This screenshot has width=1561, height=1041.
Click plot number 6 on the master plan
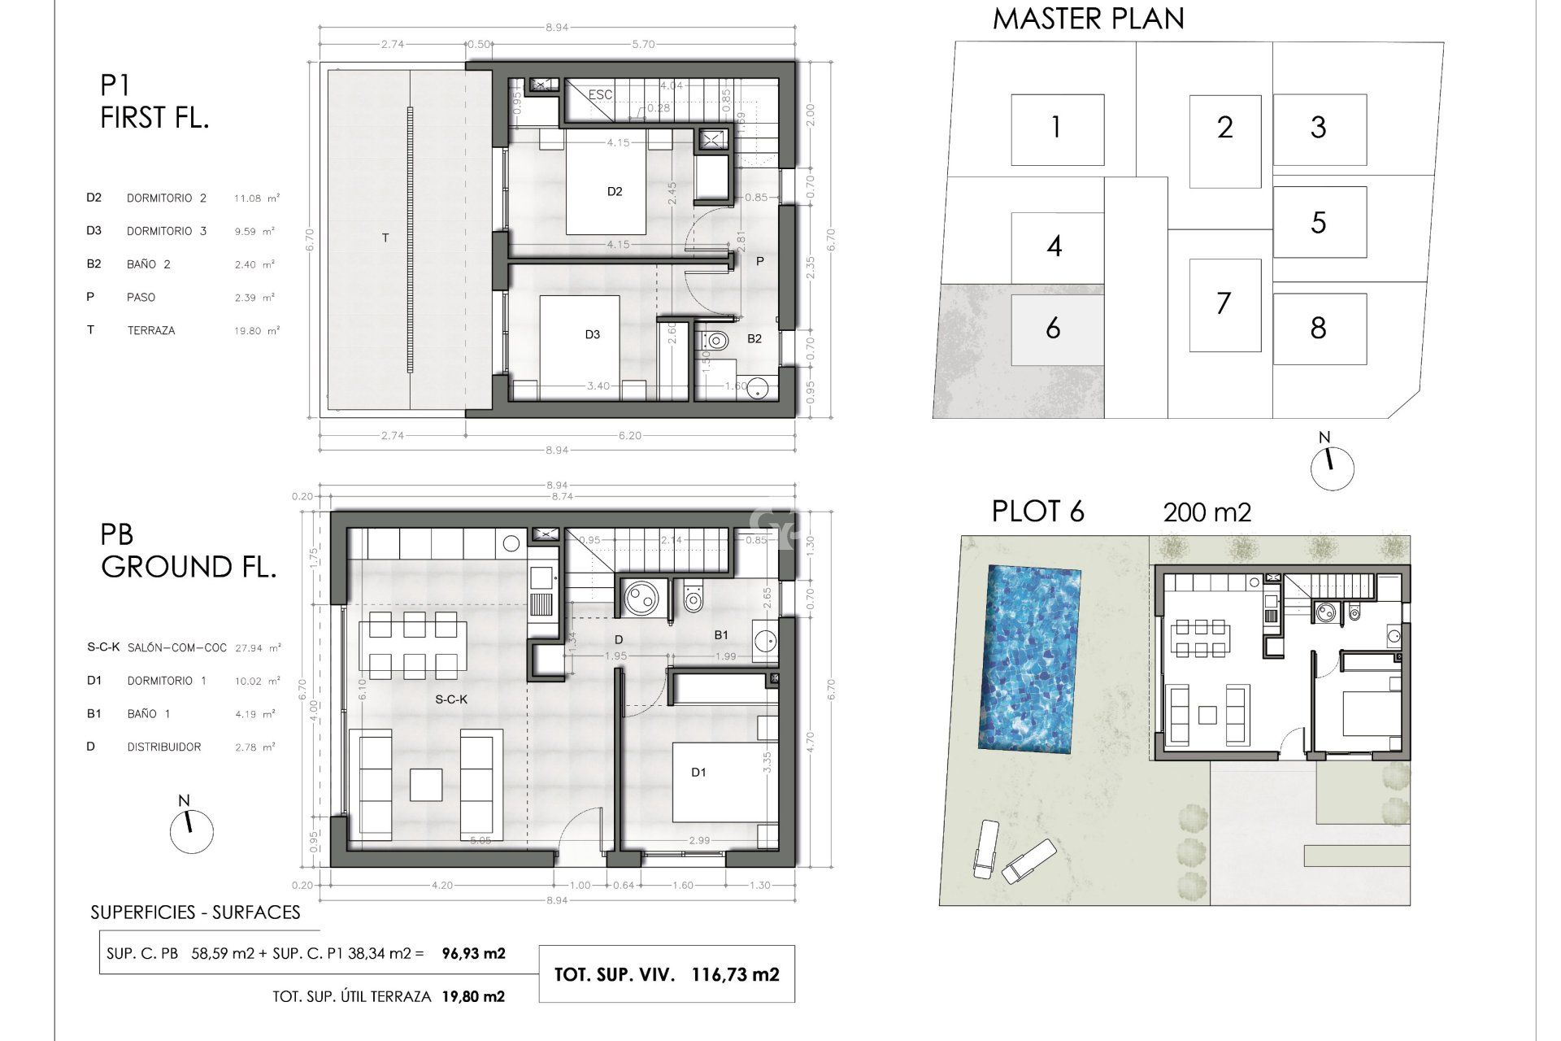pyautogui.click(x=1053, y=329)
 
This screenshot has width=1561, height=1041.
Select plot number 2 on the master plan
pyautogui.click(x=1224, y=128)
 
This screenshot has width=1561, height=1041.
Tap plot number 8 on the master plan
pyautogui.click(x=1318, y=329)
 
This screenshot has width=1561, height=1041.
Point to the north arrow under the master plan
pyautogui.click(x=1332, y=468)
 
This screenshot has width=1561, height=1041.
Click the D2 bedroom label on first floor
pyautogui.click(x=615, y=192)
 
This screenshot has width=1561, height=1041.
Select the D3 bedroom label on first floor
pyautogui.click(x=592, y=334)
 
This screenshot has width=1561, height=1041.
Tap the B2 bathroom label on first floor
pyautogui.click(x=754, y=338)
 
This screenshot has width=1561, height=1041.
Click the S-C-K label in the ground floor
pyautogui.click(x=451, y=699)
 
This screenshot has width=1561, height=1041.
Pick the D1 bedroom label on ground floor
pyautogui.click(x=698, y=773)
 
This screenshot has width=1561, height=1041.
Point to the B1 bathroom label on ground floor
pyautogui.click(x=721, y=634)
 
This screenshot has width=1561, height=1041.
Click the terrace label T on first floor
pyautogui.click(x=385, y=238)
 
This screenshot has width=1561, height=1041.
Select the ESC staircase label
pyautogui.click(x=600, y=95)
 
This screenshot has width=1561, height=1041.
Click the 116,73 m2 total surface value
pyautogui.click(x=735, y=974)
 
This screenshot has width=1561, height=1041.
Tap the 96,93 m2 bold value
pyautogui.click(x=473, y=953)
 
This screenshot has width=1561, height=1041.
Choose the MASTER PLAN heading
pyautogui.click(x=1088, y=19)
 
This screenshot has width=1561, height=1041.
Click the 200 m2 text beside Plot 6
pyautogui.click(x=1207, y=512)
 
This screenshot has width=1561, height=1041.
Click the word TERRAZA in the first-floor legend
pyautogui.click(x=151, y=330)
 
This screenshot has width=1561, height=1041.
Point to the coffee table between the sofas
pyautogui.click(x=427, y=785)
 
